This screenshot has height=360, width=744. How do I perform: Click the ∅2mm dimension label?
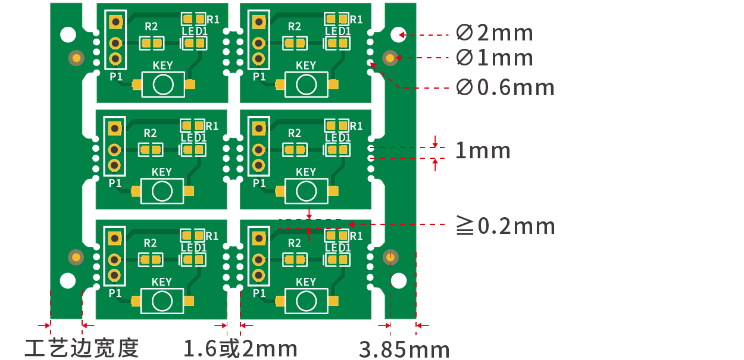click(x=495, y=33)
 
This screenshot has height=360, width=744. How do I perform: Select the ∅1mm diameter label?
click(x=495, y=58)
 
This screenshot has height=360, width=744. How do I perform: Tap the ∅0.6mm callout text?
click(x=505, y=87)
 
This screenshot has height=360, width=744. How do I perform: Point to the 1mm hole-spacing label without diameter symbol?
click(x=483, y=151)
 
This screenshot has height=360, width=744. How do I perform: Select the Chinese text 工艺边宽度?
click(x=82, y=348)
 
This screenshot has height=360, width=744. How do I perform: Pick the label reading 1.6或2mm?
click(x=240, y=348)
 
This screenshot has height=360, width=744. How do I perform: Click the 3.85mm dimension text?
click(x=404, y=349)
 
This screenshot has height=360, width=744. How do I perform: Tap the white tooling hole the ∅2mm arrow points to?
click(x=398, y=35)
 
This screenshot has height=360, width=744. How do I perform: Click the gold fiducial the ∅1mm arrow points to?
click(x=390, y=58)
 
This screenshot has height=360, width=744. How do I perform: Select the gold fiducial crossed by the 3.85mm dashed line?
click(x=390, y=257)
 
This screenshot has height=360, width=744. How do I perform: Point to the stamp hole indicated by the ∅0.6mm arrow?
click(x=370, y=62)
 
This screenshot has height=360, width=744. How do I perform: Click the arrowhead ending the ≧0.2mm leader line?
click(x=351, y=224)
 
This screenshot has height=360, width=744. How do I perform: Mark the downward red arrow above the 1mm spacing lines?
click(x=435, y=142)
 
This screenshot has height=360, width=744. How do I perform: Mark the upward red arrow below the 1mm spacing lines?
click(x=435, y=165)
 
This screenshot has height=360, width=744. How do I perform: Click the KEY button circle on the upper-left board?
click(x=163, y=84)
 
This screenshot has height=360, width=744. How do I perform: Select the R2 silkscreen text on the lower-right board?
click(x=294, y=243)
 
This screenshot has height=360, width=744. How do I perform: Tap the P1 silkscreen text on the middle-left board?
click(x=115, y=183)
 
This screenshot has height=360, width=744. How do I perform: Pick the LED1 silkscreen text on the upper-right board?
click(x=338, y=31)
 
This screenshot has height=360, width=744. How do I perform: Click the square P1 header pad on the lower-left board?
click(x=115, y=238)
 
